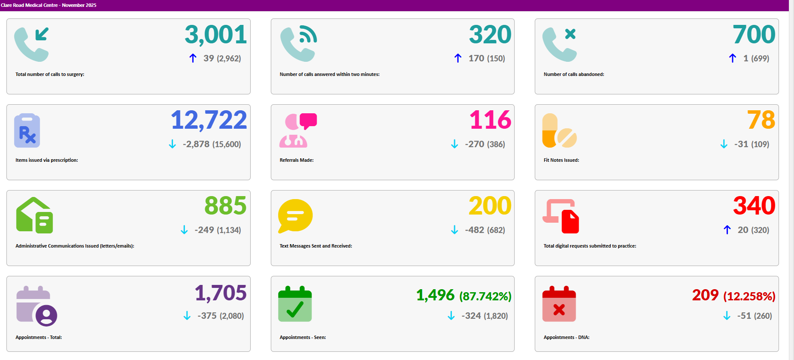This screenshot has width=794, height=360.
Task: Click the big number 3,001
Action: [215, 35]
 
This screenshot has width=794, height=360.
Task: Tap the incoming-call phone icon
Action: [31, 44]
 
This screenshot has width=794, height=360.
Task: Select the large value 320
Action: [490, 35]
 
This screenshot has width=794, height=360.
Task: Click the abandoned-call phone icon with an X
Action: [559, 44]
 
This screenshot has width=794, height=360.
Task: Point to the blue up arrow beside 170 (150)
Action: [458, 58]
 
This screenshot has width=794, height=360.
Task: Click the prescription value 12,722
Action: [209, 120]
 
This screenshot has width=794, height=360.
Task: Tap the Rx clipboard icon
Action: [27, 130]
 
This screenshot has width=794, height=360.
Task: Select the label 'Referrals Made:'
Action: [297, 160]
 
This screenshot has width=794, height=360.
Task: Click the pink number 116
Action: [490, 120]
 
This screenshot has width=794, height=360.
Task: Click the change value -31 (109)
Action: [751, 144]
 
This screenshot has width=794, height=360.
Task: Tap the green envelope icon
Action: [34, 215]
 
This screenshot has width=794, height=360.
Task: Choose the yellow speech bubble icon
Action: [295, 216]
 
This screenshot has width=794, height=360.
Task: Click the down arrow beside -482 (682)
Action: [455, 230]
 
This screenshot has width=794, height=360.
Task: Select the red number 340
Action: [754, 206]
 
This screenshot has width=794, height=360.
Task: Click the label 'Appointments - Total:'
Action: [39, 337]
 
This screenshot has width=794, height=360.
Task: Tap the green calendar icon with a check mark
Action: [295, 304]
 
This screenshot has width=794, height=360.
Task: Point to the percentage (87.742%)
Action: [485, 296]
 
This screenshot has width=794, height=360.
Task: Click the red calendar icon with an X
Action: [559, 304]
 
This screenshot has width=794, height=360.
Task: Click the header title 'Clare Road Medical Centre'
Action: [29, 5]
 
